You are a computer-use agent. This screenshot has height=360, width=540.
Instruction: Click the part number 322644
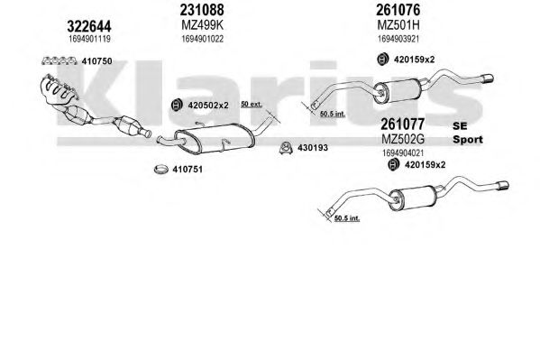[x=89, y=26]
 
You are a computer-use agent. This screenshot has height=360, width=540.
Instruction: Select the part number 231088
[x=202, y=10]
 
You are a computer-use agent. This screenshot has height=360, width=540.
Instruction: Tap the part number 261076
[x=398, y=10]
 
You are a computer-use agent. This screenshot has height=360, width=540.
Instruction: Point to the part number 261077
[x=402, y=124]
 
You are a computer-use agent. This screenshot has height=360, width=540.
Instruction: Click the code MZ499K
[x=203, y=25]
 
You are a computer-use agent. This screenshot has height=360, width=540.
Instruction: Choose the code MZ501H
[x=398, y=25]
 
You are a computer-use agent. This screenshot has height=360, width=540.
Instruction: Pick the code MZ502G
[x=403, y=139]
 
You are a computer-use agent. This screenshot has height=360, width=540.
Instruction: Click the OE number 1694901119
[x=89, y=39]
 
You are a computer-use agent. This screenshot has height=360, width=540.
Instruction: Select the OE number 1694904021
[x=403, y=152]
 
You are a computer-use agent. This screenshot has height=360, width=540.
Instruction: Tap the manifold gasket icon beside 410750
[x=59, y=61]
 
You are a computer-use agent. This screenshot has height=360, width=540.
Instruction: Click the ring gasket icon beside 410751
[x=160, y=170]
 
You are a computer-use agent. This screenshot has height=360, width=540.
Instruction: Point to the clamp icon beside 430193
[x=286, y=148]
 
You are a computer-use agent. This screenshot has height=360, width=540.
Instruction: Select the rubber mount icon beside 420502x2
[x=177, y=106]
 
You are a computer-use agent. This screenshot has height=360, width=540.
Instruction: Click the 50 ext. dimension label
[x=252, y=104]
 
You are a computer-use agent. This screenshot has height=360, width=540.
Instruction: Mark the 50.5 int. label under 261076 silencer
[x=333, y=114]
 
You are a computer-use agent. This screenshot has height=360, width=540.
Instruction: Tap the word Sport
[x=467, y=140]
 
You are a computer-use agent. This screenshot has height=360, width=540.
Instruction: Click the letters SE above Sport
[x=460, y=125]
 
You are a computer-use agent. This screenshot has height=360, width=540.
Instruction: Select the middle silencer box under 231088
[x=215, y=138]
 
